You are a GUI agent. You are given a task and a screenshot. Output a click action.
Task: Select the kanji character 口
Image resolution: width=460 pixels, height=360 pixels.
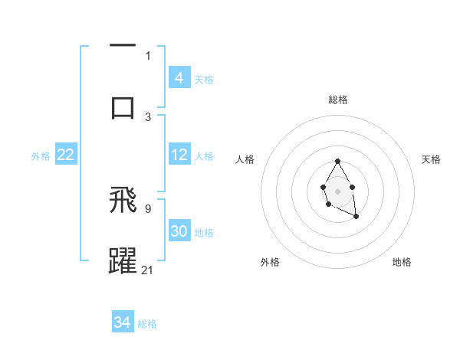(123, 106)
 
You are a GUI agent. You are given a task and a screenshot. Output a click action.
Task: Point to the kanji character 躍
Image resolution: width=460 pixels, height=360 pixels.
(123, 260)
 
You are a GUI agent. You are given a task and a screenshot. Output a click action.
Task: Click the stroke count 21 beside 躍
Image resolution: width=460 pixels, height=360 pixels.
(148, 269)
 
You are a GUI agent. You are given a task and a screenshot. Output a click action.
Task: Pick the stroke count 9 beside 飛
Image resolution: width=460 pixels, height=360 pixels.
(148, 208)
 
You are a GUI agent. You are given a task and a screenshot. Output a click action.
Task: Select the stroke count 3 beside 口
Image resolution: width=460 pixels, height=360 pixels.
(148, 116)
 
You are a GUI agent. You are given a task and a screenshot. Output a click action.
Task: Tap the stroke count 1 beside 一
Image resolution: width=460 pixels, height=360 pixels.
(148, 55)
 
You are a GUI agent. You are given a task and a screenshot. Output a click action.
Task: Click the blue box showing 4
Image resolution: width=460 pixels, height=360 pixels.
(179, 78)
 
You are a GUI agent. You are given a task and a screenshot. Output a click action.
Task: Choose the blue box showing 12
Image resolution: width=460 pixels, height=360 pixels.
(179, 155)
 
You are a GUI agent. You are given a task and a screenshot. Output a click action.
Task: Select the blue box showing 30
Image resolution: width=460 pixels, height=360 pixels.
(179, 231)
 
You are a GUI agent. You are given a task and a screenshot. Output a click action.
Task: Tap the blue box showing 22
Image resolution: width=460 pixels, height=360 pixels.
(66, 155)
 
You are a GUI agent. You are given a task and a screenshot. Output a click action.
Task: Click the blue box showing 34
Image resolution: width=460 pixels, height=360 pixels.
(123, 322)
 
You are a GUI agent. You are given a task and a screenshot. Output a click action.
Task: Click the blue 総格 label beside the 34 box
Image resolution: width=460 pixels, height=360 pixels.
(148, 324)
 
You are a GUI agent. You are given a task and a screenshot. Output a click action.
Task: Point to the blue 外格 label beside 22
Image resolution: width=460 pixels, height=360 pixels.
(41, 156)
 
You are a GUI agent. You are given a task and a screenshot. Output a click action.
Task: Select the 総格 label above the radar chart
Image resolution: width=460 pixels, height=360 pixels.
(337, 100)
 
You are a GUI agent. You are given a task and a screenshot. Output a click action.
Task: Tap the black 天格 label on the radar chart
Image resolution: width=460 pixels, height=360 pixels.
(431, 159)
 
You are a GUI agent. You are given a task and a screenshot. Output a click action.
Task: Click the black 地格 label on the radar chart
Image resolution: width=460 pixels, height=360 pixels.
(402, 262)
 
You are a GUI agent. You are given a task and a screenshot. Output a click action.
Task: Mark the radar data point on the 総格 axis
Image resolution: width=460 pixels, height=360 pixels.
(337, 162)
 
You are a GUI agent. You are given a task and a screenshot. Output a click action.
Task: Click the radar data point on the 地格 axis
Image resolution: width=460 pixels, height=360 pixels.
(356, 217)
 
